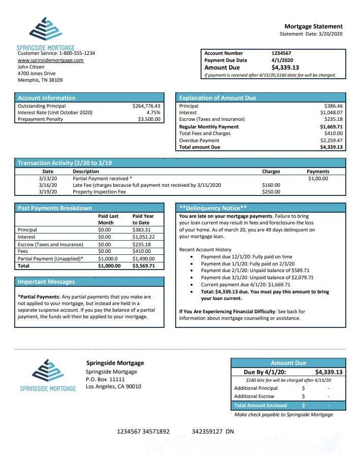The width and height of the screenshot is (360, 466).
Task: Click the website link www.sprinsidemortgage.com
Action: coord(50,60)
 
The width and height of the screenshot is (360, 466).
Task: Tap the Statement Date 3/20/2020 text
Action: coord(311,34)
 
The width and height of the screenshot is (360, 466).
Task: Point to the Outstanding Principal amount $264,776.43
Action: coord(146,106)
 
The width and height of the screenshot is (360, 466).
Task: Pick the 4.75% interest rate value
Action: coord(153,113)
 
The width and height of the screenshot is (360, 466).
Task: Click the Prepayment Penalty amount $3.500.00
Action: coord(149,119)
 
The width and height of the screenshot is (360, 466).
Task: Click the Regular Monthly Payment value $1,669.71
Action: coord(331,126)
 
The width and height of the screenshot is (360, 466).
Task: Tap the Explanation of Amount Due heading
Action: coord(218,98)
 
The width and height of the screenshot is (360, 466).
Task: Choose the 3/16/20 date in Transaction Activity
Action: coord(48,185)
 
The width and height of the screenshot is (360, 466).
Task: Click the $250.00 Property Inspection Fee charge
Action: coord(271,192)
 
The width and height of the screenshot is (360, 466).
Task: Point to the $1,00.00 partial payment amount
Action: coord(318,178)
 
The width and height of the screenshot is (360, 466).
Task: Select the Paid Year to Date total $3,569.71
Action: coord(143,265)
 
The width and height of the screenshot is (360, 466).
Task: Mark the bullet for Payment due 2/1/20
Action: coord(191,271)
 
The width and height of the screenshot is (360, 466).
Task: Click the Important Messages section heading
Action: coord(46,282)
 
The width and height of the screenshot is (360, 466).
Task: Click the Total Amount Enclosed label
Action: coord(260,406)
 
